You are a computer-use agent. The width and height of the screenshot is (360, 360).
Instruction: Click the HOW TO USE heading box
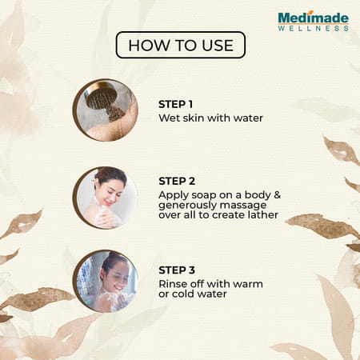(x=180, y=45)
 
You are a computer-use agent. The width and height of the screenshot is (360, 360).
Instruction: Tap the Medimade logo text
(x=312, y=16)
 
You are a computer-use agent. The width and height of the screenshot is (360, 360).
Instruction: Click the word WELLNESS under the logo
(x=313, y=28)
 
